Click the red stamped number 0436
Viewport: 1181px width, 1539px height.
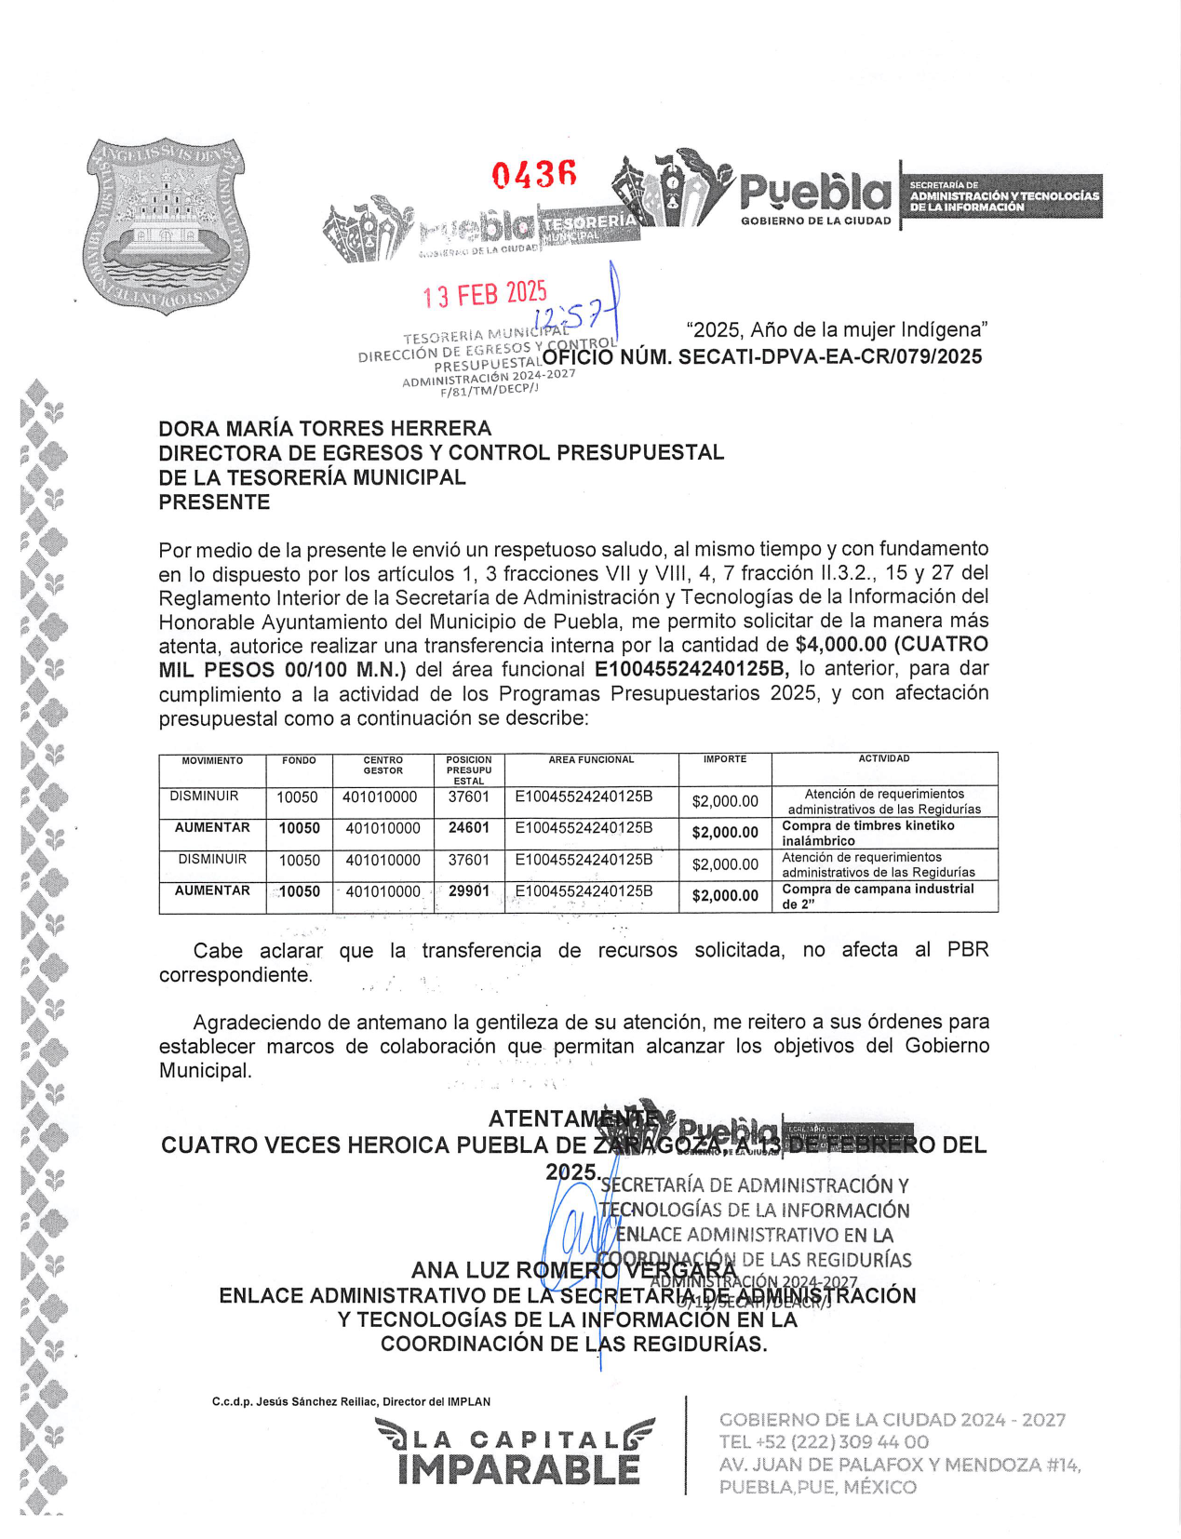tap(534, 174)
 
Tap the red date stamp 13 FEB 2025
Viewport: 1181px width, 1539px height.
tap(484, 295)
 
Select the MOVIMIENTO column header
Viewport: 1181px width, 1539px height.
tap(212, 761)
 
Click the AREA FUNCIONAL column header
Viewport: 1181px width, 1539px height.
tap(591, 760)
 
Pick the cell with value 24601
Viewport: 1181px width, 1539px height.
tap(468, 828)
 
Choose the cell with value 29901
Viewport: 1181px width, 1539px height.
tap(468, 891)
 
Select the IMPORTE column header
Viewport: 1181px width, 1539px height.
tap(725, 760)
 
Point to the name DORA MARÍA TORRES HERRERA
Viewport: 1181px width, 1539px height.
tap(325, 429)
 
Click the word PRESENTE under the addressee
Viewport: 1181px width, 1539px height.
tap(214, 502)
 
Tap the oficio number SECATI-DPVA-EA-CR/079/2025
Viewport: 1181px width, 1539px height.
tap(829, 357)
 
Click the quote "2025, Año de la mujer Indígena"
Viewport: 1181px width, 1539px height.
tap(837, 330)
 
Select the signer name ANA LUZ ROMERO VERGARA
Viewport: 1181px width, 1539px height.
tap(573, 1271)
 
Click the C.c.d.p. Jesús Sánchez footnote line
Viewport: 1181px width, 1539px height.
tap(351, 1401)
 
